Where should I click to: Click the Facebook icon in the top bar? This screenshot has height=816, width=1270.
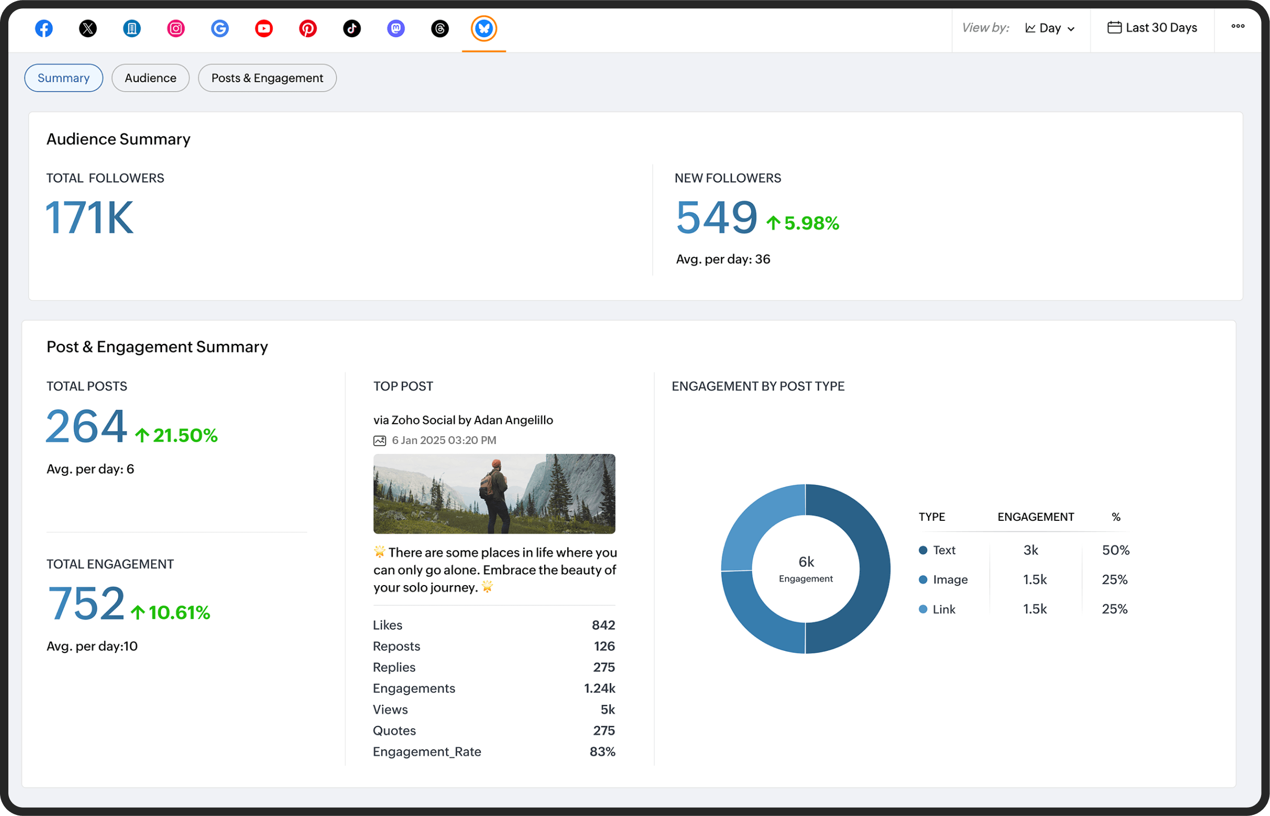44,28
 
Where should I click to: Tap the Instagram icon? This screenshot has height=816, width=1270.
176,28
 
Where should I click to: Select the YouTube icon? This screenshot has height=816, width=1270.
264,28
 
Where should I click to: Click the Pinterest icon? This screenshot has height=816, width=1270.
308,28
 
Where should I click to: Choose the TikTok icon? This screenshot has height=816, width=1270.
352,28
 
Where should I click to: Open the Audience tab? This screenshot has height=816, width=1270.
151,78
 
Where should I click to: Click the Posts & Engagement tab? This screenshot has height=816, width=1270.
267,78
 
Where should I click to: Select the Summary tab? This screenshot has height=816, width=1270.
64,78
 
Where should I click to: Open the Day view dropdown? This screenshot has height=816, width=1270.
1050,28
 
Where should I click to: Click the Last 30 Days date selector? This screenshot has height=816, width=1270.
1152,28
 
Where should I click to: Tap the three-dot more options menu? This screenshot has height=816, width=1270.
1238,26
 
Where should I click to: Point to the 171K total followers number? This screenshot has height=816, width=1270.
89,217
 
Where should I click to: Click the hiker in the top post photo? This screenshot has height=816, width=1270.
494,493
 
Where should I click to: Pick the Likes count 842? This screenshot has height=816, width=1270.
603,625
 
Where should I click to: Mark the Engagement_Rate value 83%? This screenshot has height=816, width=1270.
602,752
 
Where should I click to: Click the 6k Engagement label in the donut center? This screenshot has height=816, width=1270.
806,568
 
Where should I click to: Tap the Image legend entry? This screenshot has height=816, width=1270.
950,580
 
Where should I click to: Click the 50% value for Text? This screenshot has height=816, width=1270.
1116,550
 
